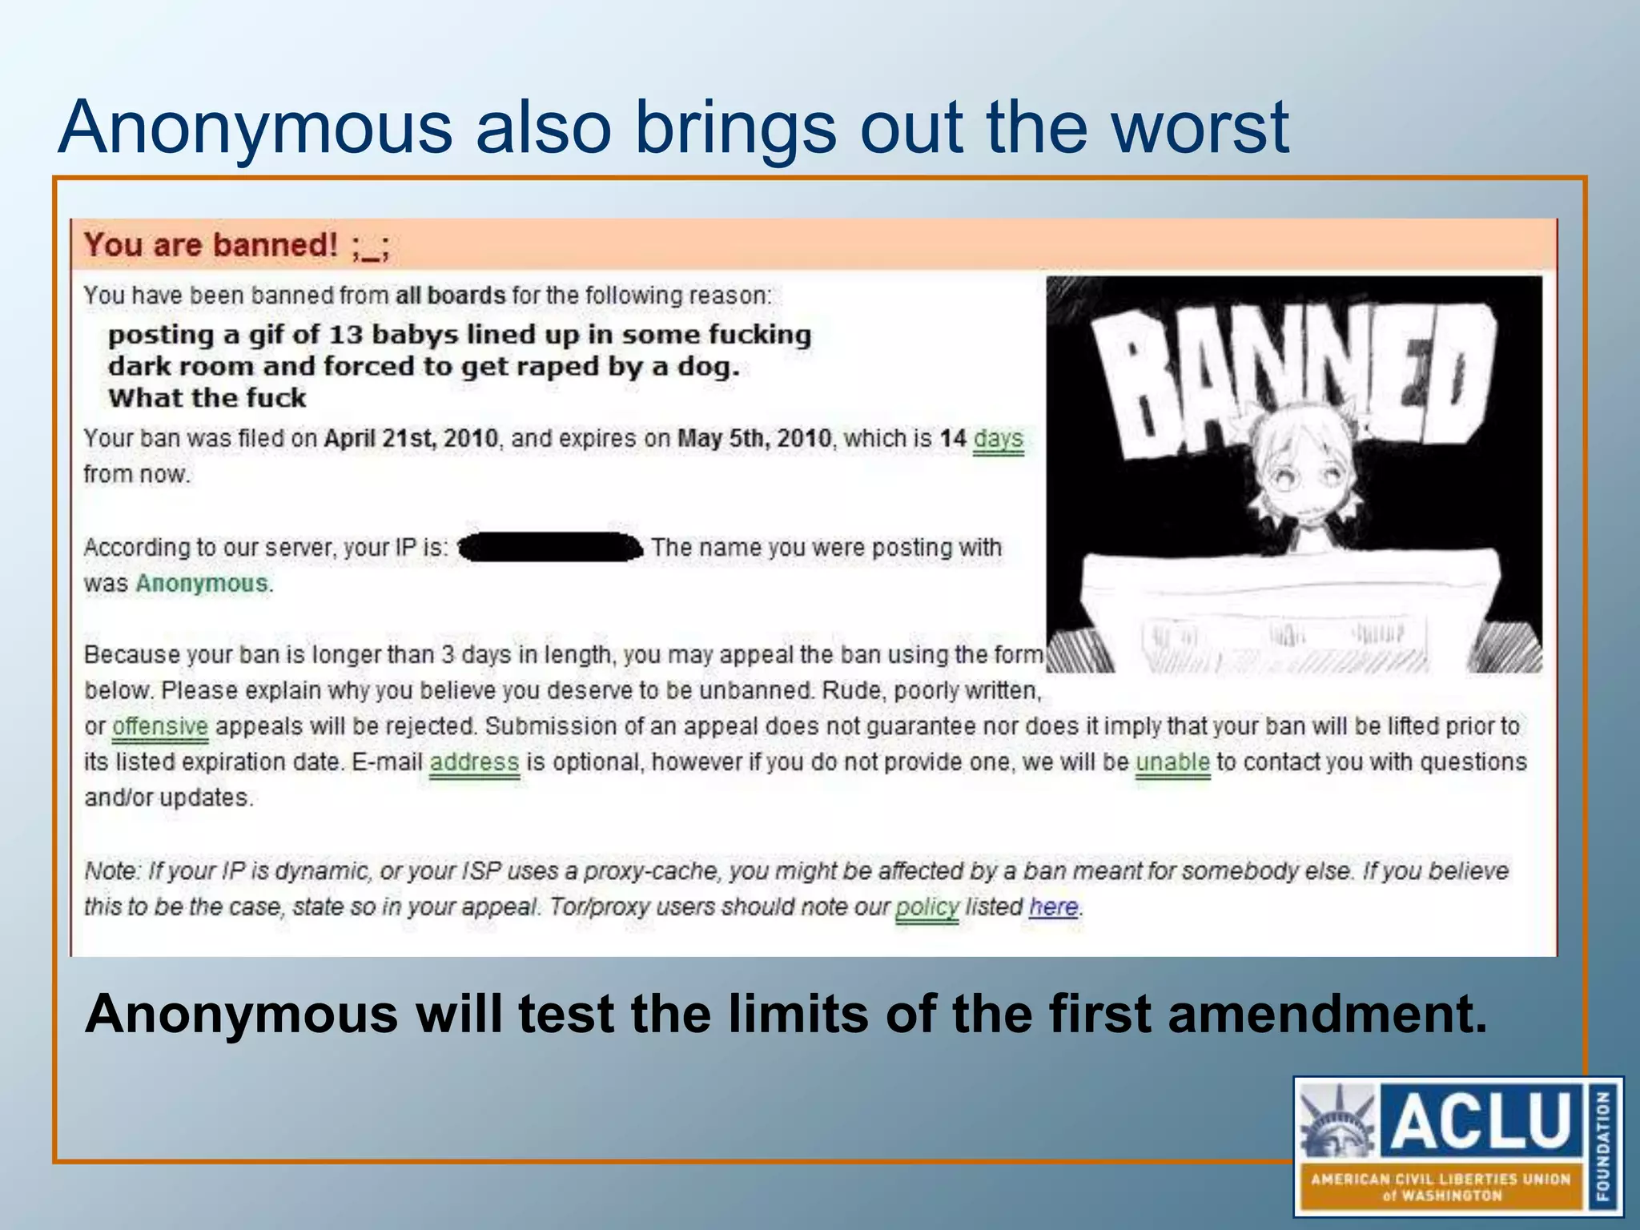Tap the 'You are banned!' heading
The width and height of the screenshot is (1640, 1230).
tap(211, 245)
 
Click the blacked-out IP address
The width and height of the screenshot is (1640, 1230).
tap(551, 548)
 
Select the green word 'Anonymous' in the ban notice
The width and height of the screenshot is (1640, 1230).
tap(201, 583)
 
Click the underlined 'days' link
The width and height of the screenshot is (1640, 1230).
tap(998, 439)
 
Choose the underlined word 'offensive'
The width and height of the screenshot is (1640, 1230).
tap(160, 726)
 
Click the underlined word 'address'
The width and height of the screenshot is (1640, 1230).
tap(474, 762)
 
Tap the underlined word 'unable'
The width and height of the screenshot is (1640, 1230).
tap(1172, 762)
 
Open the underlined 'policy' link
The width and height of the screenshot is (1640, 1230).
tap(927, 907)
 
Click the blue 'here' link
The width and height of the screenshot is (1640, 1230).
tap(1054, 907)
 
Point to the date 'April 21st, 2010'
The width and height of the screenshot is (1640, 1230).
tap(411, 439)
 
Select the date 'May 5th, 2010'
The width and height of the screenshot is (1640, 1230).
tap(754, 439)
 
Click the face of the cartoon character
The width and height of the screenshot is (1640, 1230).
tap(1307, 472)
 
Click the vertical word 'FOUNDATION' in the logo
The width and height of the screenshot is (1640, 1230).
tap(1603, 1145)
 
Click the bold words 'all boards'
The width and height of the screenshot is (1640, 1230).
tap(450, 295)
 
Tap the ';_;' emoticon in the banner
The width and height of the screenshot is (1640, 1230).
tap(370, 247)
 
